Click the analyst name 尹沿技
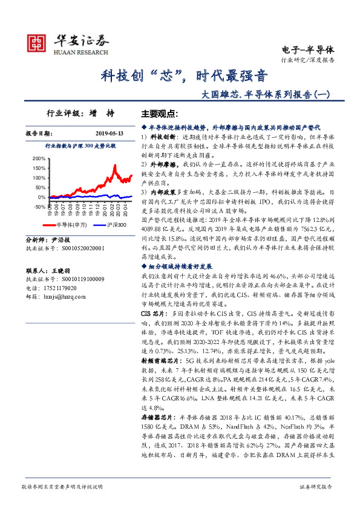point(64,240)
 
